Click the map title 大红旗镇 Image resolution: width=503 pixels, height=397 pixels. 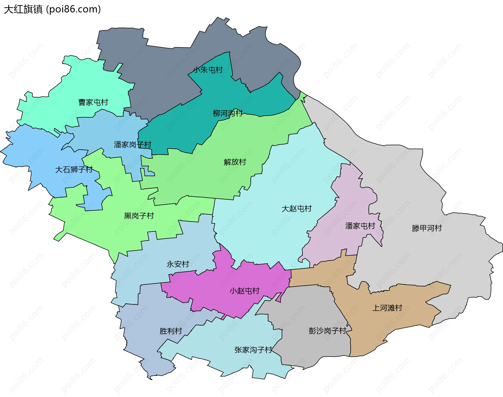[x=23, y=9]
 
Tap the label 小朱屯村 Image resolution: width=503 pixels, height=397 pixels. [x=208, y=70]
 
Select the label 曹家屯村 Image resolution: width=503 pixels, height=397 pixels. [x=93, y=102]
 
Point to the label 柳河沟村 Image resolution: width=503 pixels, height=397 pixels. [x=227, y=113]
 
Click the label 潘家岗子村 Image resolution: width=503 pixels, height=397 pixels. [x=133, y=145]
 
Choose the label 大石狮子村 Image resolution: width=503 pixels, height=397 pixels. [x=74, y=170]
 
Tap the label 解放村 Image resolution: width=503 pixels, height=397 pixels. [x=235, y=162]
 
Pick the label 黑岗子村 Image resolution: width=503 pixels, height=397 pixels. [x=139, y=216]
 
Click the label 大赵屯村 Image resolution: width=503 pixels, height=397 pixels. [x=297, y=209]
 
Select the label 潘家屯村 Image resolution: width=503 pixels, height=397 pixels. [x=360, y=226]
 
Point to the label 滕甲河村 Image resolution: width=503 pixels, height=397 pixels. [x=427, y=228]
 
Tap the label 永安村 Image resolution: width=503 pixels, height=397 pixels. [x=178, y=264]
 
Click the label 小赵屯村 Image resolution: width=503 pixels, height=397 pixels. [x=244, y=291]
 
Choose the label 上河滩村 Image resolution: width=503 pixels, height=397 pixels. [x=387, y=308]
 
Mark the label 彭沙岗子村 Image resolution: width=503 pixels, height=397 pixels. [x=327, y=331]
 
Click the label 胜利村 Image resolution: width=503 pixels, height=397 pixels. [x=171, y=331]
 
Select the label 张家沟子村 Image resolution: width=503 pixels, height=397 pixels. [x=253, y=350]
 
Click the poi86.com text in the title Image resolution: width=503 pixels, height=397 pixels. [x=73, y=9]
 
